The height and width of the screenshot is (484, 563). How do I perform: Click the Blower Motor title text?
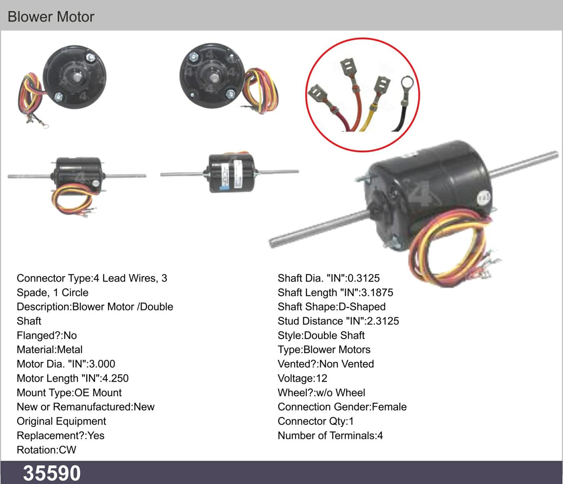(51, 17)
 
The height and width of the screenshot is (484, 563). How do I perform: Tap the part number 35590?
(52, 473)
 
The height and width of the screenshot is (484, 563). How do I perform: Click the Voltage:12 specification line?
(302, 378)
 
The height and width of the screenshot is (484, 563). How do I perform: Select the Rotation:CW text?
(46, 450)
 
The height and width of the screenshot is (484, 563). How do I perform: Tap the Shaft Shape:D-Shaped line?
(331, 307)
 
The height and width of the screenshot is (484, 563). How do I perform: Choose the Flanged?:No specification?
(46, 335)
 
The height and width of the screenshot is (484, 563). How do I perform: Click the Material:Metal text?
(50, 350)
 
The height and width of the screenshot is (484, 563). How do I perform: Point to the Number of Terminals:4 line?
(330, 436)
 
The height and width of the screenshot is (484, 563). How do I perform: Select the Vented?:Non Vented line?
(326, 364)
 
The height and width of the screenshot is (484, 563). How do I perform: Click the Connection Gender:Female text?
(342, 407)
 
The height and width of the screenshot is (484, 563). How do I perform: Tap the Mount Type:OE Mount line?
(69, 392)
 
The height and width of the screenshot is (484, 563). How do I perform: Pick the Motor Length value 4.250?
(115, 378)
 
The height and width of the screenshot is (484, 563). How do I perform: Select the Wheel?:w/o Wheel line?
(321, 392)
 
